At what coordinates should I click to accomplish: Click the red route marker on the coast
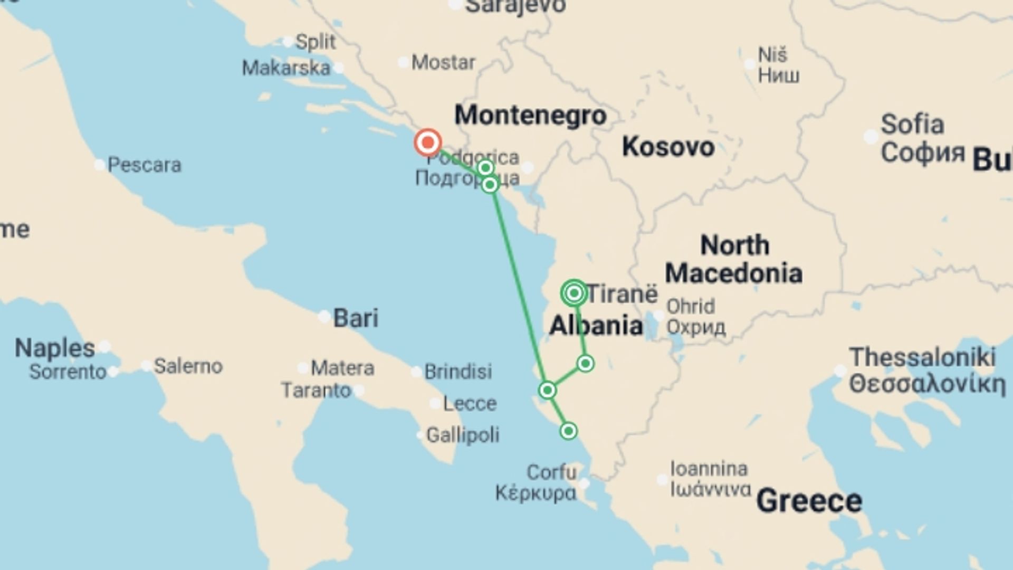click(x=427, y=142)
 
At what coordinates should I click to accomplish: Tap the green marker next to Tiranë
click(x=574, y=293)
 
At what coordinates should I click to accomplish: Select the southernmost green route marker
click(x=568, y=431)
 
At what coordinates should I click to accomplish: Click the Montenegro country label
click(x=530, y=115)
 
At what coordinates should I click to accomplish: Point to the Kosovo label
click(x=668, y=147)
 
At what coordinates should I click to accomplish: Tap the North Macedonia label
click(x=734, y=259)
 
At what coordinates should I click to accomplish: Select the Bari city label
click(x=356, y=318)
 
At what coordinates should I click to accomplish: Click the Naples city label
click(x=54, y=348)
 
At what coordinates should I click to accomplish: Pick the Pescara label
click(x=144, y=165)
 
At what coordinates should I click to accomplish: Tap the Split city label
click(x=315, y=42)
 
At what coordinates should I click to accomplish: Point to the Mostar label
click(x=443, y=62)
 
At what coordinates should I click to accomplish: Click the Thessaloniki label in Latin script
click(x=922, y=357)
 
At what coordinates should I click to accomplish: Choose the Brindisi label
click(x=458, y=372)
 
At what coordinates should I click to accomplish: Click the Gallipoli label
click(x=462, y=435)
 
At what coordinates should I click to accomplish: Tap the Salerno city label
click(x=188, y=366)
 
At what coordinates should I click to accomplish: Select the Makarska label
click(x=286, y=68)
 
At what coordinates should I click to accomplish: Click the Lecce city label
click(x=470, y=404)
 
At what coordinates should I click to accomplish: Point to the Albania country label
click(x=596, y=325)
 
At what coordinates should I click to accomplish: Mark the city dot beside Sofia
click(x=871, y=137)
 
